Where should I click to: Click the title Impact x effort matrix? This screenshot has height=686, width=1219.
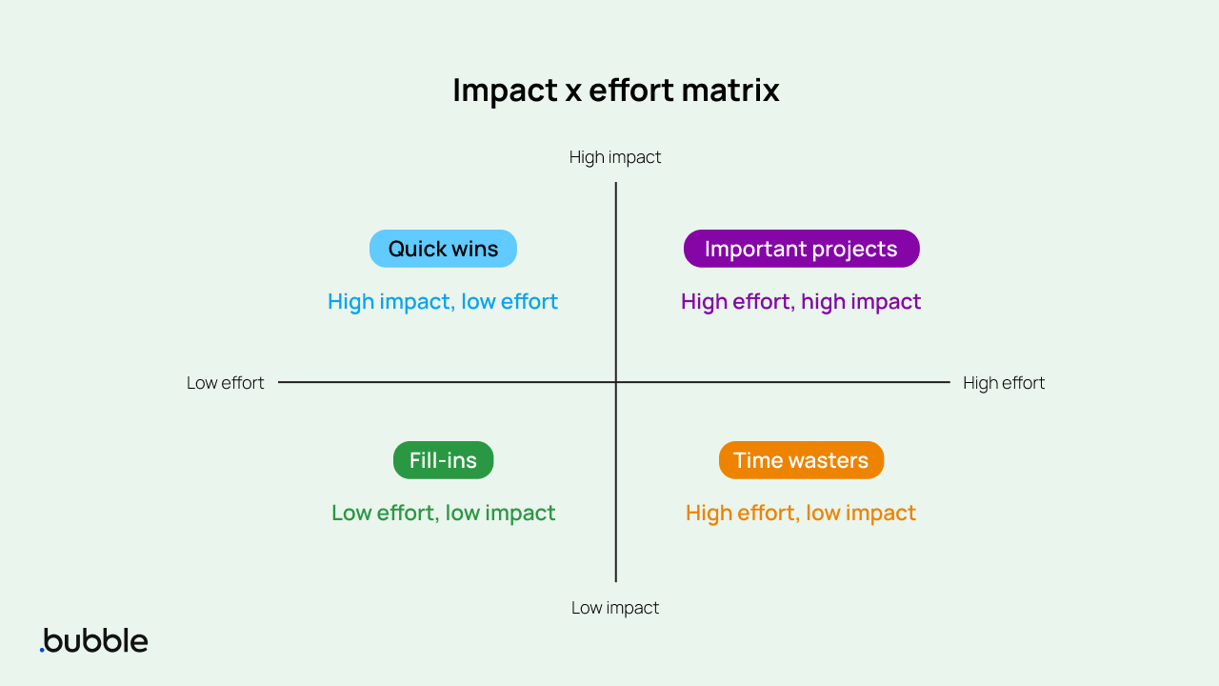(615, 91)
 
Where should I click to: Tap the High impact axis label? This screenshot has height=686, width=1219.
(615, 157)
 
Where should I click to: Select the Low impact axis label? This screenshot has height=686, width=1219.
(615, 608)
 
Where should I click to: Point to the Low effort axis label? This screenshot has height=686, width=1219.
(226, 383)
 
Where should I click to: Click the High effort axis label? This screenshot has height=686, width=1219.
(1004, 383)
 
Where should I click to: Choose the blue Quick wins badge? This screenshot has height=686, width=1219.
(443, 249)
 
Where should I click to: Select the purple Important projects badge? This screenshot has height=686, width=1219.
(801, 249)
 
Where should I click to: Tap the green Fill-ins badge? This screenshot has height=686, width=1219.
(443, 460)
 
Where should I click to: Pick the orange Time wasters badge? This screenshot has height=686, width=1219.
(801, 460)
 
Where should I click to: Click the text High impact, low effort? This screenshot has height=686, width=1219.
(443, 302)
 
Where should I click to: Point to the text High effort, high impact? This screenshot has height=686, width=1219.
(801, 302)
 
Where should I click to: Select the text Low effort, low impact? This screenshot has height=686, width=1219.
(443, 513)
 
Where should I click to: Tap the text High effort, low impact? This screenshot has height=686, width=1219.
(801, 513)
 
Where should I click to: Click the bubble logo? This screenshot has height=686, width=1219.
(94, 640)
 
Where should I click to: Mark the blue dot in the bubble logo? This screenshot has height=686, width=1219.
(42, 650)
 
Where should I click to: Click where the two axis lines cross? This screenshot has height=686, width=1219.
(616, 382)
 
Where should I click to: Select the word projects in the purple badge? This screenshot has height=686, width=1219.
(855, 249)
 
